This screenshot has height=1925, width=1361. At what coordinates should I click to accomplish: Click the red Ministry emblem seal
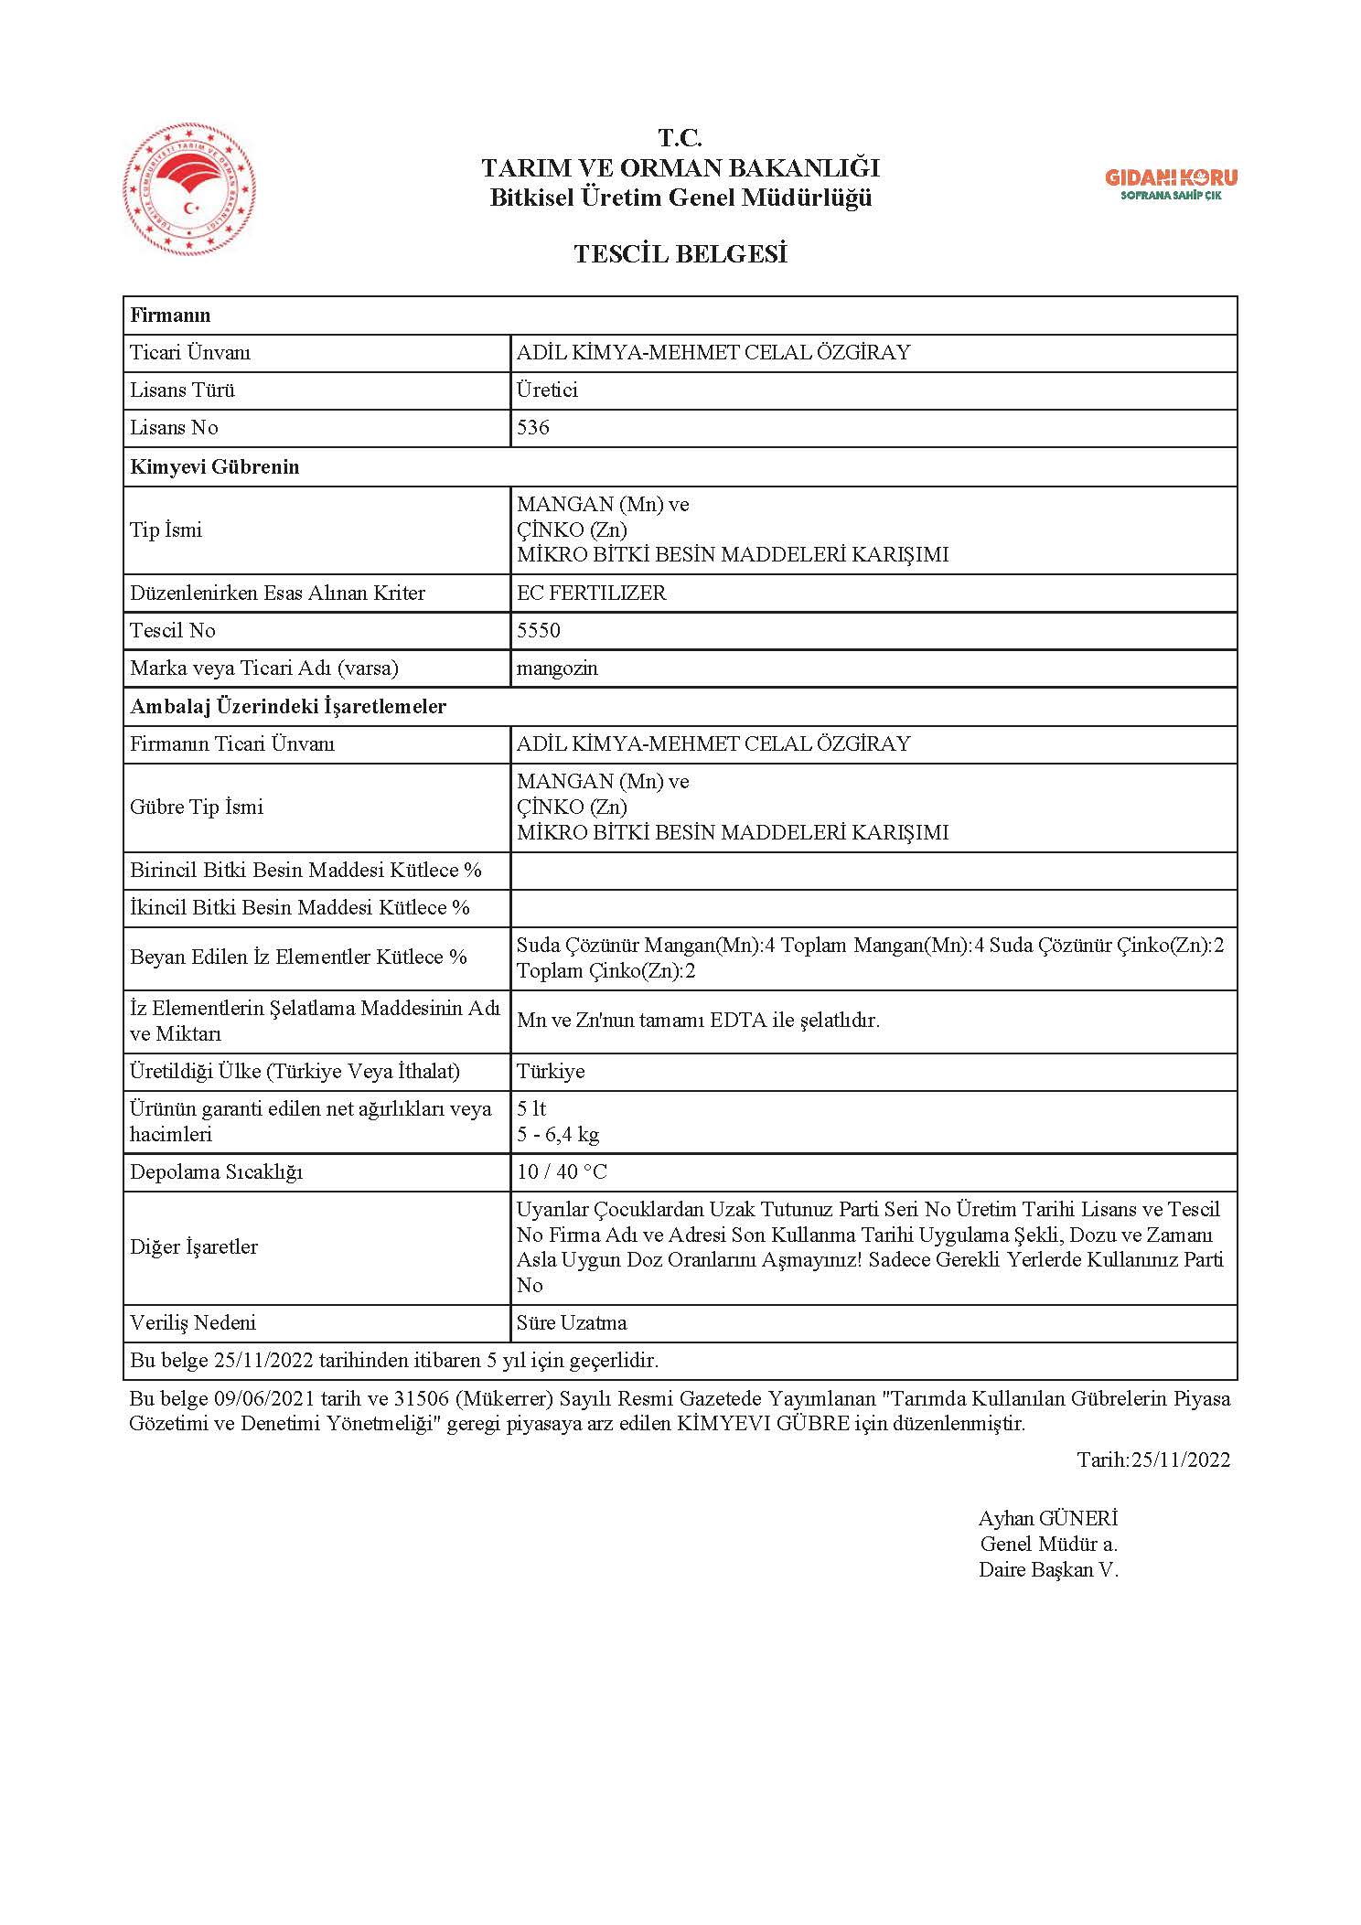tap(189, 191)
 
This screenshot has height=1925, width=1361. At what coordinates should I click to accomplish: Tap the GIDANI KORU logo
tap(1171, 184)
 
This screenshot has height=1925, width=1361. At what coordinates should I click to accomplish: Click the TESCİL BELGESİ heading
tap(680, 253)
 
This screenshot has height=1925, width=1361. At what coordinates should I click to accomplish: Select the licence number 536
tap(533, 428)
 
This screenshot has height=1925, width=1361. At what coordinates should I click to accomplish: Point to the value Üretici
tap(547, 390)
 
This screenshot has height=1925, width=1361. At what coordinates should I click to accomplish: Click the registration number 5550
tap(539, 631)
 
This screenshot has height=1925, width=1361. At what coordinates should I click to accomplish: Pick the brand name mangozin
tap(557, 668)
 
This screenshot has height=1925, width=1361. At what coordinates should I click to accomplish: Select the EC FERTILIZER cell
tap(592, 593)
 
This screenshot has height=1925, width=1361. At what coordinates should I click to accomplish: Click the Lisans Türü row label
tap(183, 390)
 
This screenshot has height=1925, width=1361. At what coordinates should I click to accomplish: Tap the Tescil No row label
tap(173, 631)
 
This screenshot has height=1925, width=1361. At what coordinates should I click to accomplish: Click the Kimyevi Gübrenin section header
tap(215, 467)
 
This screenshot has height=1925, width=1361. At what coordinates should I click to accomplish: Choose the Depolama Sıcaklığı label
tap(216, 1172)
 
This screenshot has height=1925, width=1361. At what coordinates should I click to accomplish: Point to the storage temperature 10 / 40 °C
tap(562, 1172)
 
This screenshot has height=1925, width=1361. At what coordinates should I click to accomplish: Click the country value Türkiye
tap(551, 1072)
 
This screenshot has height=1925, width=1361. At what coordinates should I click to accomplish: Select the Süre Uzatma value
tap(572, 1323)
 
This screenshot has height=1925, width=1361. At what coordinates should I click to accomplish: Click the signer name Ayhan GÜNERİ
tap(1048, 1519)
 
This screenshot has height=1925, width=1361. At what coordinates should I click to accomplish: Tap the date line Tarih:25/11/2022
tap(1153, 1460)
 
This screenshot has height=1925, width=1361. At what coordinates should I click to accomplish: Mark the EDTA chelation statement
tap(698, 1021)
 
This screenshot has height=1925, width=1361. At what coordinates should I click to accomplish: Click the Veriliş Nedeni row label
tap(193, 1323)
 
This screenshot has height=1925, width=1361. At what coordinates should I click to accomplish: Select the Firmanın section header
tap(170, 315)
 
